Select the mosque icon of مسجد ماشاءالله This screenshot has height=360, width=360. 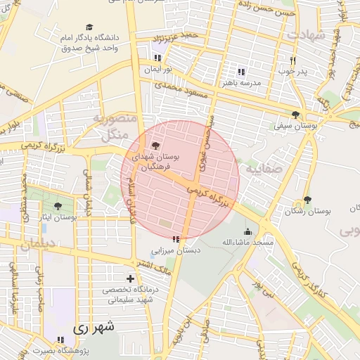pyautogui.click(x=246, y=232)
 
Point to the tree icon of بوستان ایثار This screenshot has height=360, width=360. pyautogui.click(x=57, y=206)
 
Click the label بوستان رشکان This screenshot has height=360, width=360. pyautogui.click(x=308, y=210)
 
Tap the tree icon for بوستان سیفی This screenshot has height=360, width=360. pyautogui.click(x=295, y=114)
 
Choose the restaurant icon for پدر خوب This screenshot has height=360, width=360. pyautogui.click(x=293, y=60)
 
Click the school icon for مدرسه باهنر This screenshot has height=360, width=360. pyautogui.click(x=241, y=72)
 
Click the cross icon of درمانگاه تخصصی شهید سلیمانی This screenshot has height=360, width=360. pyautogui.click(x=129, y=278)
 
